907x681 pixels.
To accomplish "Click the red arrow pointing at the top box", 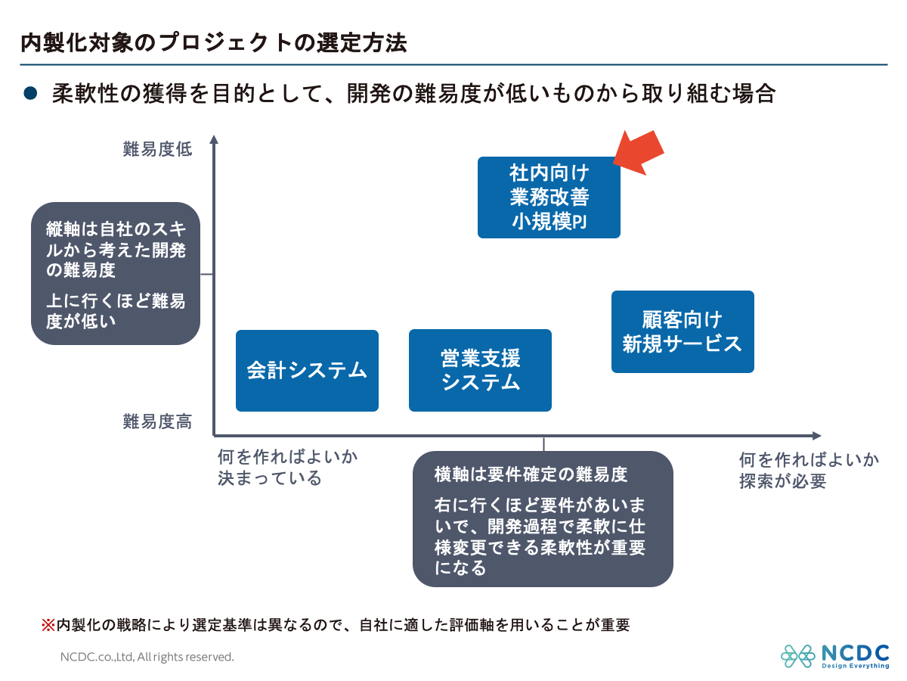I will tap(639, 151).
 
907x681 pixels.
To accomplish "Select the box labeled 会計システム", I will tap(307, 371).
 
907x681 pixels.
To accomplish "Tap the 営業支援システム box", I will tap(480, 370).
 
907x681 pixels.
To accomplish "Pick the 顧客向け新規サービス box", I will tap(683, 331).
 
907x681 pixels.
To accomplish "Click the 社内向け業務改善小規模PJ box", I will tap(549, 197).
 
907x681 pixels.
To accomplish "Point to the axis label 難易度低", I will tap(157, 149).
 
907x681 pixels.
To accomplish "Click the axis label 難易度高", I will tap(157, 422).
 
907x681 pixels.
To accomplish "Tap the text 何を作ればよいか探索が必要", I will tap(809, 470).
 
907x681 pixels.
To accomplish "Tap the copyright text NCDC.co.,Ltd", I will tap(147, 657).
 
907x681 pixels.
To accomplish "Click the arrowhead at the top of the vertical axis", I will tap(214, 139).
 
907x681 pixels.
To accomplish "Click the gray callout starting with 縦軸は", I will tap(116, 273).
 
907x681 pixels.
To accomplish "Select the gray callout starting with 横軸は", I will tap(543, 518).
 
